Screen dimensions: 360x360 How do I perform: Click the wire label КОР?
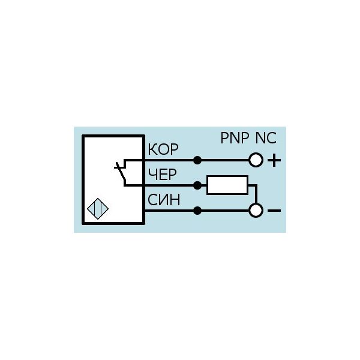tap(163, 149)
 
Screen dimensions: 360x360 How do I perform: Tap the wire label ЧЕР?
tap(163, 174)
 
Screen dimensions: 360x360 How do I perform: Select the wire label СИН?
tap(164, 200)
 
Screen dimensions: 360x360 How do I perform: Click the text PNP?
tap(235, 138)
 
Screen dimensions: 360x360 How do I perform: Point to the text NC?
tap(266, 138)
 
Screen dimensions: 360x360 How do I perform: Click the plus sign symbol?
tap(274, 160)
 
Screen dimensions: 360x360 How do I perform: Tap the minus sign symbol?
tap(274, 211)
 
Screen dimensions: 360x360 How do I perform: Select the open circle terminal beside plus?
tap(256, 160)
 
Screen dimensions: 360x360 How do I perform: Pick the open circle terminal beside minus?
tap(256, 211)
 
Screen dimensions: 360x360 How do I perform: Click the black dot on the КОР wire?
tap(197, 160)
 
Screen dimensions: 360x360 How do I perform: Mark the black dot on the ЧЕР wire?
tap(197, 185)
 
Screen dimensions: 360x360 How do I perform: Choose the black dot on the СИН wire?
tap(197, 211)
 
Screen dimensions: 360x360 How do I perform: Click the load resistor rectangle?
tap(227, 185)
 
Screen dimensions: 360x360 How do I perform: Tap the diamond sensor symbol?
tap(98, 209)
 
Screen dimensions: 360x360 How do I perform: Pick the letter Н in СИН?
tap(175, 200)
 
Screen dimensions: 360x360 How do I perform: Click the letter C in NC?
tap(272, 138)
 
